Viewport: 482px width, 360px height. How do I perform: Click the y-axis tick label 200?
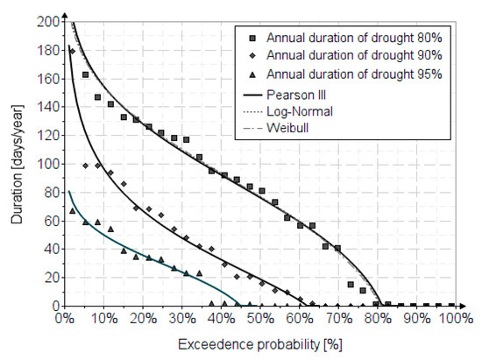tap(46, 21)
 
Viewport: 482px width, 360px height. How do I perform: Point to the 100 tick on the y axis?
tap(46, 164)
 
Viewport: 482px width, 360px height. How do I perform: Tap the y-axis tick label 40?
tap(48, 249)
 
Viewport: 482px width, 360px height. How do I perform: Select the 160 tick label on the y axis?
tap(46, 78)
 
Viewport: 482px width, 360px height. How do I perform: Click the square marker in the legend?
tap(252, 39)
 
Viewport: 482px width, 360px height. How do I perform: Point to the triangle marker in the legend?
tap(252, 74)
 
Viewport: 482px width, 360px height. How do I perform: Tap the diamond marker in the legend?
tap(252, 56)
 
